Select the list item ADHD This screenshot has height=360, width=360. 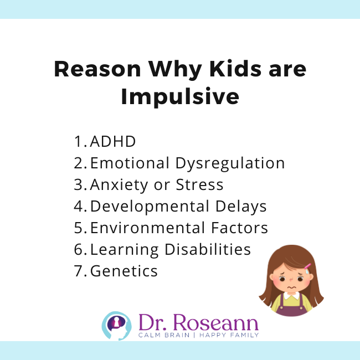click(113, 141)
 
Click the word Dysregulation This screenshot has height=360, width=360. click(230, 163)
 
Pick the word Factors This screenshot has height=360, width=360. click(238, 228)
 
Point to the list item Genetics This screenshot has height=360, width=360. click(124, 271)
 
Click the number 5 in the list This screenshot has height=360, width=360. click(78, 228)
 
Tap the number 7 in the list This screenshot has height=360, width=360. click(78, 271)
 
